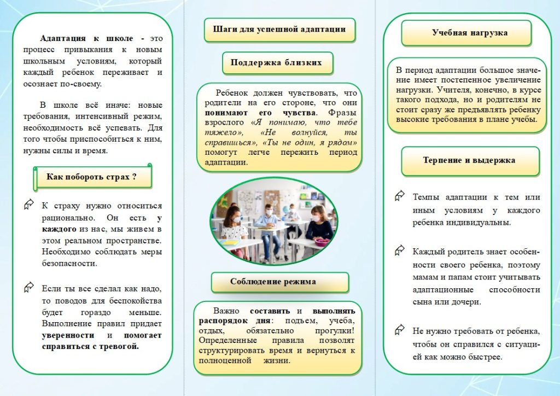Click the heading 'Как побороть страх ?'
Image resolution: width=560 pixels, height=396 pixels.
tap(91, 177)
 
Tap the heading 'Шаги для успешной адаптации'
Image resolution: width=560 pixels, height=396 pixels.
tap(279, 29)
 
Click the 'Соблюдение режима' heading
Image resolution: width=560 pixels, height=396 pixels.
tap(280, 282)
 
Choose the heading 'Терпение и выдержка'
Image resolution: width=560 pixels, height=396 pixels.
tap(469, 160)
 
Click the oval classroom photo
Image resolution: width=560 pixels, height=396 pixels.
tap(279, 220)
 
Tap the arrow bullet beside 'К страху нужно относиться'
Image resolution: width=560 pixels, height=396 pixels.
tap(29, 205)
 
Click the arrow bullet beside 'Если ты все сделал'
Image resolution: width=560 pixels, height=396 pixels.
tap(29, 287)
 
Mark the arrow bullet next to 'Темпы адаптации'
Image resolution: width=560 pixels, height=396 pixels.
tap(400, 195)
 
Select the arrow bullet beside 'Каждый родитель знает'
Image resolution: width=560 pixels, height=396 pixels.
tap(400, 251)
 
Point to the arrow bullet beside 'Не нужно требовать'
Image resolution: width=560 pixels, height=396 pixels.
tap(400, 330)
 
